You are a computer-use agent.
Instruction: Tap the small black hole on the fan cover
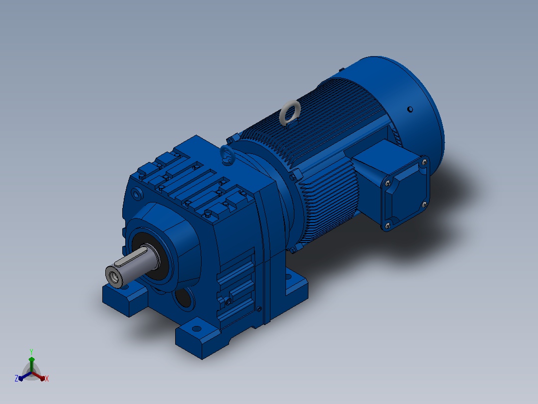(410, 109)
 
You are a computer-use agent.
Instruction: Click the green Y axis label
(31, 351)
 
